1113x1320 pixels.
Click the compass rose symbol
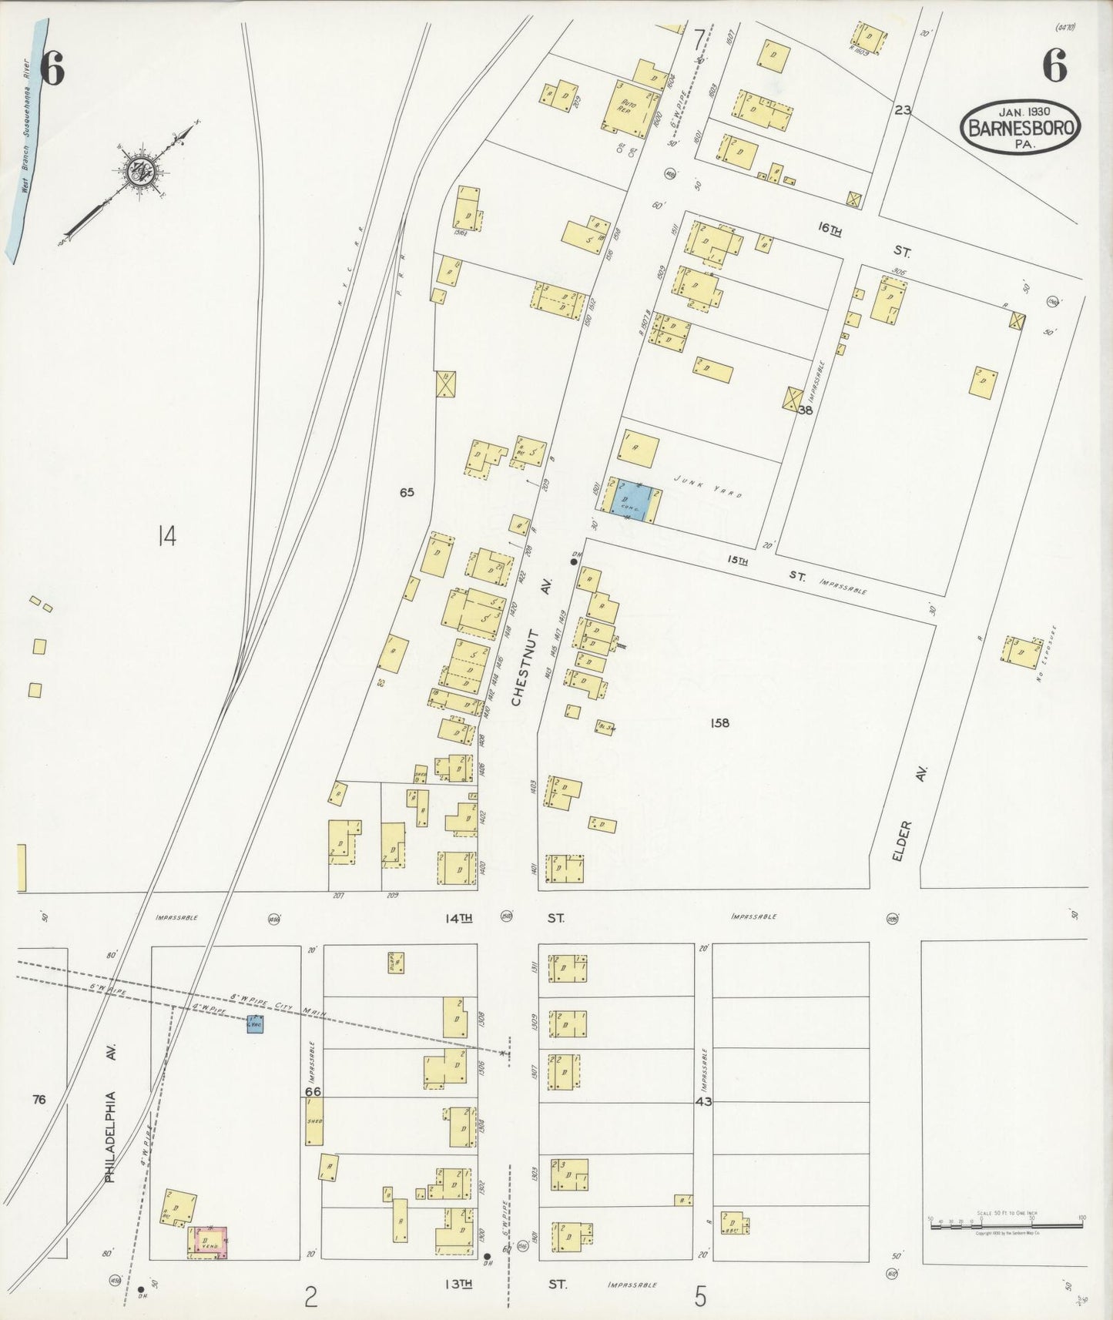pyautogui.click(x=140, y=172)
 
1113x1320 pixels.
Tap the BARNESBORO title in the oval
pyautogui.click(x=1021, y=128)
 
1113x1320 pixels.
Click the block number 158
pyautogui.click(x=720, y=722)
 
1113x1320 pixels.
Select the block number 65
pyautogui.click(x=407, y=492)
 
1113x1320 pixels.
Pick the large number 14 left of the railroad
pyautogui.click(x=166, y=534)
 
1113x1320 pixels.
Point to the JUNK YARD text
pyautogui.click(x=707, y=487)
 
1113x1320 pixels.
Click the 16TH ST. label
pyautogui.click(x=863, y=238)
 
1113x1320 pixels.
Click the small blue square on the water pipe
pyautogui.click(x=254, y=1024)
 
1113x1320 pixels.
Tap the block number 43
pyautogui.click(x=703, y=1101)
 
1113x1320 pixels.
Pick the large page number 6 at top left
pyautogui.click(x=52, y=70)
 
